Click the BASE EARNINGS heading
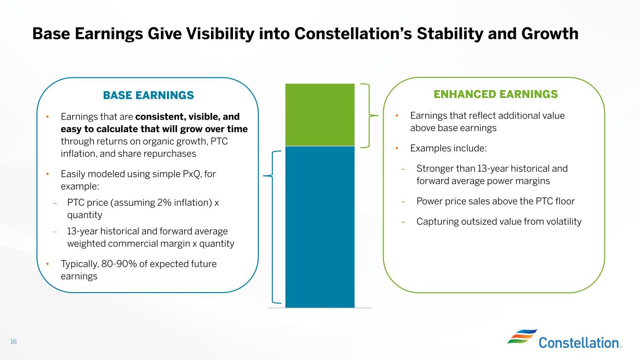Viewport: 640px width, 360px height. coord(148,95)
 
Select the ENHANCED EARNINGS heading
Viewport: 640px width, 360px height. coord(496,94)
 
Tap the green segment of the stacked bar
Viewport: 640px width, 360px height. coord(320,114)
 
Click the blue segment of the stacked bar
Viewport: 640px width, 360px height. coord(320,227)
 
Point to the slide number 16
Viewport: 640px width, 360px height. coord(14,341)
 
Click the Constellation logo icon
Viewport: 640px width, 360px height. coord(522,337)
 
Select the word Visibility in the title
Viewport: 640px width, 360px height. coord(220,34)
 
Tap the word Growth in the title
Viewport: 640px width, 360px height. coord(550,34)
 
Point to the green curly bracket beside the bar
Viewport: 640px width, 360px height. coord(369,116)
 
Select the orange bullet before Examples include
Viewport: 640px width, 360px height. coord(397,148)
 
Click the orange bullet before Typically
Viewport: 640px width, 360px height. coord(47,264)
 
